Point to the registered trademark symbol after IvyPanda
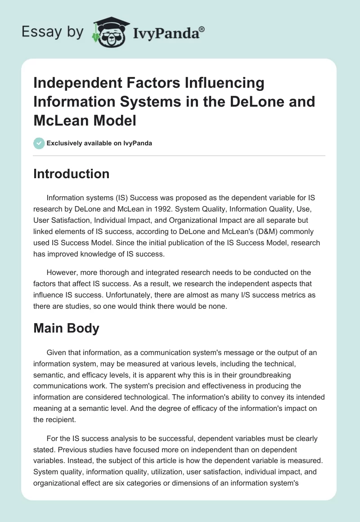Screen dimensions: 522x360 click(x=202, y=29)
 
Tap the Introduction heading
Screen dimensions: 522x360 click(x=71, y=174)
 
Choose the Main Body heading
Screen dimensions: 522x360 click(x=66, y=328)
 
